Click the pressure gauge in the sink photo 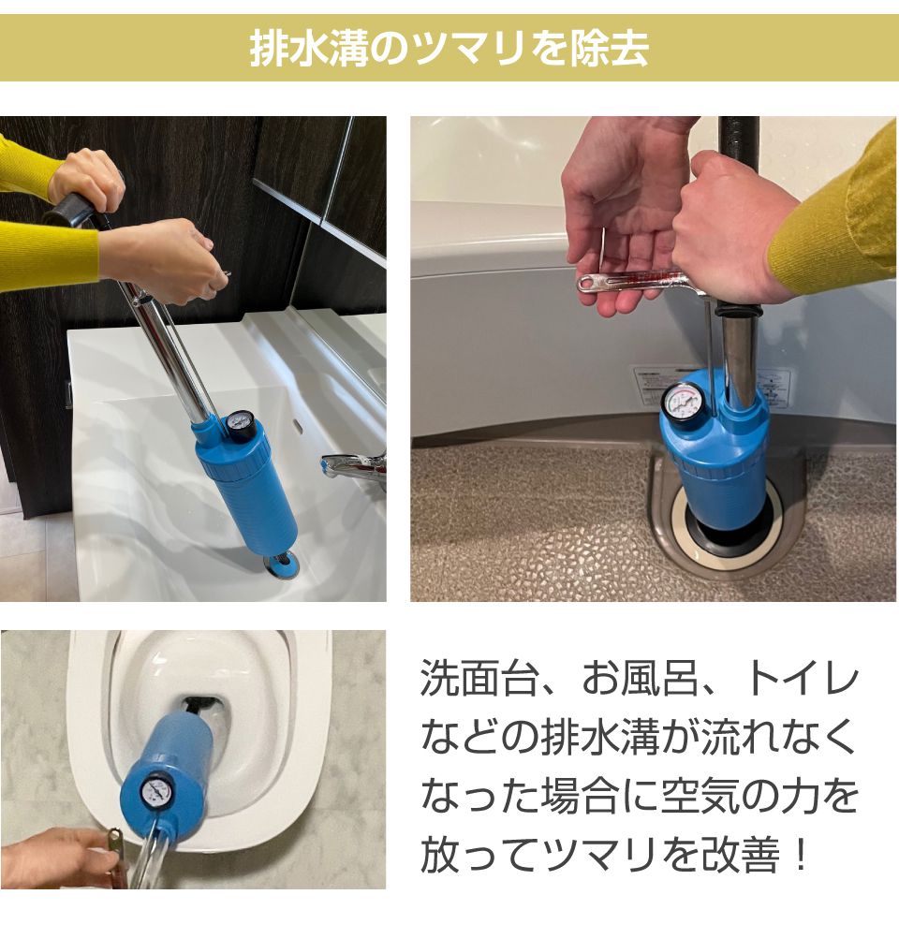point(241,426)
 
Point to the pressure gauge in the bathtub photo point(680,405)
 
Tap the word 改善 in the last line point(741,855)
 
